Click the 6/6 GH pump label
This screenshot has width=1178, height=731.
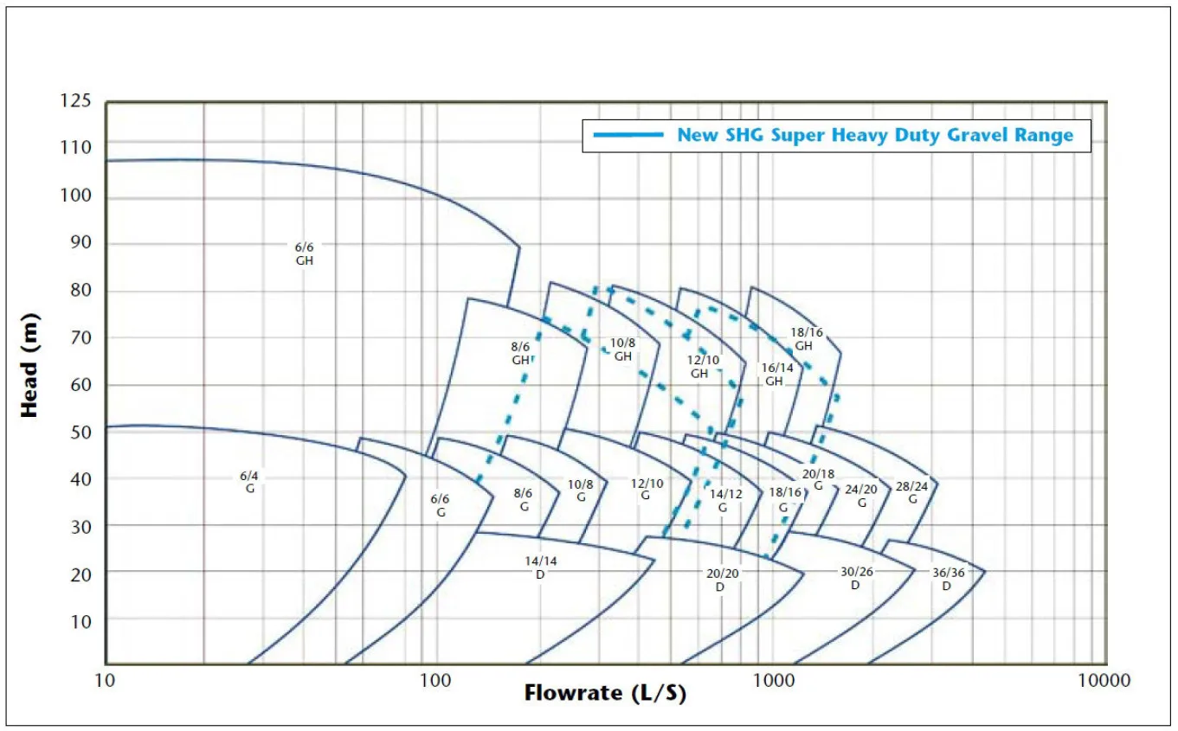305,253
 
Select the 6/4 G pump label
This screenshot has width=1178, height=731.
249,482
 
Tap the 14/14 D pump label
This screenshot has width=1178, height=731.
541,567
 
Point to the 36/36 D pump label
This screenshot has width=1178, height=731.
947,579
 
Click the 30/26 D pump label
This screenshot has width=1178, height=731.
855,579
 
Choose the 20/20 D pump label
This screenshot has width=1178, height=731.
720,580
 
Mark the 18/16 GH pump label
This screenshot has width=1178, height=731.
805,339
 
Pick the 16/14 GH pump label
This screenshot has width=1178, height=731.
776,374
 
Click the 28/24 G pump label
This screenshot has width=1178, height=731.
912,492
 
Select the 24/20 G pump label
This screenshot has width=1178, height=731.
861,495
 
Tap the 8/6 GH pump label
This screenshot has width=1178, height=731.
520,353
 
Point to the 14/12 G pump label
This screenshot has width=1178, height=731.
724,500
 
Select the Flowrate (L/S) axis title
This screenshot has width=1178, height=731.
605,693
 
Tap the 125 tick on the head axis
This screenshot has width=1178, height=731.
75,101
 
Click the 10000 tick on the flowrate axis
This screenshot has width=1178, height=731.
1105,680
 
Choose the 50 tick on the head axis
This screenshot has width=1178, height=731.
81,432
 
